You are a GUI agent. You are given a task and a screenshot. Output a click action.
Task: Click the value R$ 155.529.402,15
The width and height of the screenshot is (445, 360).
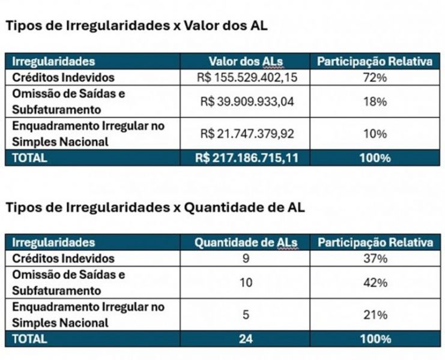[x=247, y=77]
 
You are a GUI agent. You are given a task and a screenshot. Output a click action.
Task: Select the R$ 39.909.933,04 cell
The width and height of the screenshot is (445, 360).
[x=247, y=101]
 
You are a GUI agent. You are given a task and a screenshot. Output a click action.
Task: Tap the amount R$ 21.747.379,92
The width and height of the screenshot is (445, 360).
[x=247, y=134]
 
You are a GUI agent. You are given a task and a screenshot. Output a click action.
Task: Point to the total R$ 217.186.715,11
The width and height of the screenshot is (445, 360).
[x=247, y=158]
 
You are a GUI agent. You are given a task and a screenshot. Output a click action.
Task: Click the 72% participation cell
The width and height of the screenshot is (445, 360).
[x=375, y=77]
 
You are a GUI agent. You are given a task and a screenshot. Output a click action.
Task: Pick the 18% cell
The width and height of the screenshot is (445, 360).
[x=375, y=101]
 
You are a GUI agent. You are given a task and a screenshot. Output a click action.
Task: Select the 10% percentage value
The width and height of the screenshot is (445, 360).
[x=375, y=134]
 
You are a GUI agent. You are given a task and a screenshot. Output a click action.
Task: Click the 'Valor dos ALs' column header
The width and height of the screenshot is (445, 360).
[x=247, y=61]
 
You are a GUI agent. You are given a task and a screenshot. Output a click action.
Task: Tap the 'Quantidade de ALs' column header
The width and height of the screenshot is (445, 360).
[x=246, y=242]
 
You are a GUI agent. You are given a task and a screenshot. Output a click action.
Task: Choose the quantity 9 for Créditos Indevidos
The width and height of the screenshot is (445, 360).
[x=246, y=259]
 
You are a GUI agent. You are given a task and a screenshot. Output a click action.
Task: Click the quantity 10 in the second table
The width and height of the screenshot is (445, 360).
[x=246, y=283]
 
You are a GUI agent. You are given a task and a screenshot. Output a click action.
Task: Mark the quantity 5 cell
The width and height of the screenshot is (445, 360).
[x=246, y=314]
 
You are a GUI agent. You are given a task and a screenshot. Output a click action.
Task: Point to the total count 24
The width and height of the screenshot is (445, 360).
[x=246, y=339]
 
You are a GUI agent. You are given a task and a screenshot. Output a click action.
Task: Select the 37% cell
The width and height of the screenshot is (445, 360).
[x=375, y=259]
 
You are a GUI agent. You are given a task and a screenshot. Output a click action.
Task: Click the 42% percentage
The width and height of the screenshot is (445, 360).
[x=375, y=283]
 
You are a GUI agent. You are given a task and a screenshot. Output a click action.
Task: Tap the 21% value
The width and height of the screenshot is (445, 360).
[x=375, y=314]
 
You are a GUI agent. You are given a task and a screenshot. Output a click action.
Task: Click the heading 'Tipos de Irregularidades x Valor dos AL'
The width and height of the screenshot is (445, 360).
[x=136, y=26]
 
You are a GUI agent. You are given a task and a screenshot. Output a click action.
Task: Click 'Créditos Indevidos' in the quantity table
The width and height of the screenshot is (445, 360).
[x=63, y=259]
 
